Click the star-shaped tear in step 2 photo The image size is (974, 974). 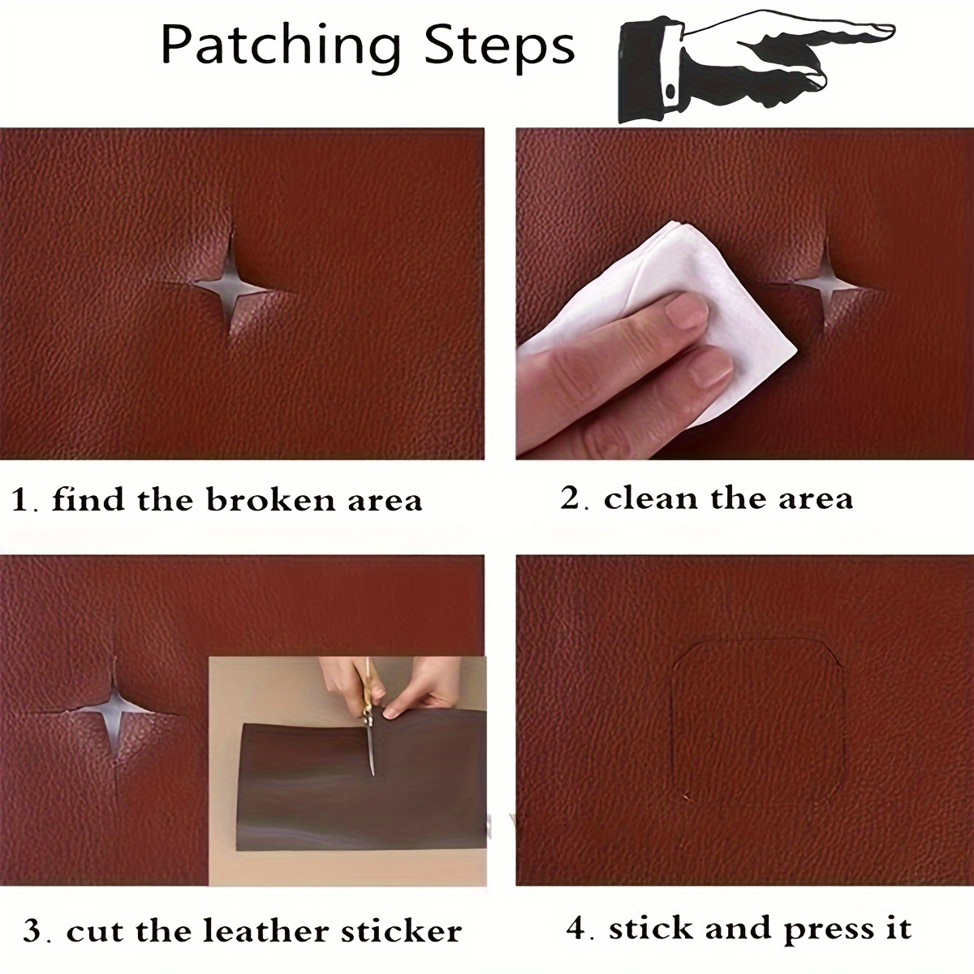826,283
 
